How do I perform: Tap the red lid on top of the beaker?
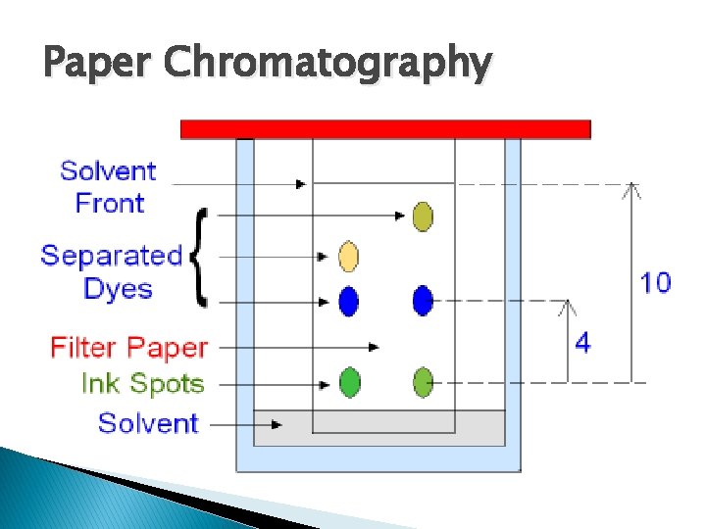pyautogui.click(x=385, y=128)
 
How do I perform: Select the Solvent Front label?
pyautogui.click(x=109, y=186)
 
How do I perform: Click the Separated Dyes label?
pyautogui.click(x=111, y=271)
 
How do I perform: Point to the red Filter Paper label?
pyautogui.click(x=129, y=348)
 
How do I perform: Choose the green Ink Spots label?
pyautogui.click(x=142, y=383)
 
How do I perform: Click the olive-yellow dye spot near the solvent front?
pyautogui.click(x=423, y=216)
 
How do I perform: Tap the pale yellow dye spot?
pyautogui.click(x=348, y=257)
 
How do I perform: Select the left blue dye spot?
pyautogui.click(x=348, y=301)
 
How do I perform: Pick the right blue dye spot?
pyautogui.click(x=423, y=301)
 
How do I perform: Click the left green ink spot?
pyautogui.click(x=349, y=381)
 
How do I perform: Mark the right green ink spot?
pyautogui.click(x=423, y=381)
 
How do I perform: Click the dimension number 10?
pyautogui.click(x=655, y=283)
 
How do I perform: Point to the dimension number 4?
pyautogui.click(x=582, y=343)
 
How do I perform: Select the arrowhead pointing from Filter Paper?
pyautogui.click(x=375, y=346)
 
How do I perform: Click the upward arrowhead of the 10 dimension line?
pyautogui.click(x=632, y=188)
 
